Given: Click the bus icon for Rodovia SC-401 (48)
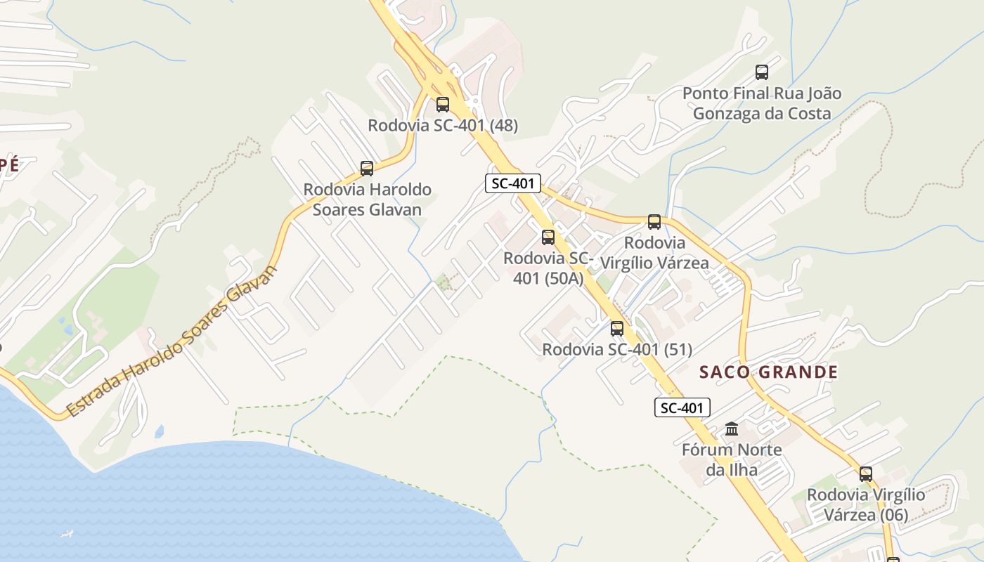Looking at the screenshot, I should click(442, 105).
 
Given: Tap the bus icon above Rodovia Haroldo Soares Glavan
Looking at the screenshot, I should click(366, 169).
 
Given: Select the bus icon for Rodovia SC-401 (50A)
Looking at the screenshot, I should click(548, 237).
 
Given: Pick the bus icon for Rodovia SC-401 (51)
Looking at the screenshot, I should click(616, 328).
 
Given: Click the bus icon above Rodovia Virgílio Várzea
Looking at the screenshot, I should click(654, 222).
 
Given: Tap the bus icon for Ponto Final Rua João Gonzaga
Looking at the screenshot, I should click(761, 72).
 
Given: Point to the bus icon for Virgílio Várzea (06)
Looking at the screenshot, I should click(865, 474).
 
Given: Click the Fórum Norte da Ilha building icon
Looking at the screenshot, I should click(731, 429).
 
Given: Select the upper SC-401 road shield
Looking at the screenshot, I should click(513, 184).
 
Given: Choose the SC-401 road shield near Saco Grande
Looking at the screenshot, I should click(682, 407).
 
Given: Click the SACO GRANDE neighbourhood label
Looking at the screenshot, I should click(768, 372).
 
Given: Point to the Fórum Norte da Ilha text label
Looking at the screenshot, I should click(732, 459).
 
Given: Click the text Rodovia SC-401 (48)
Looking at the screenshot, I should click(443, 126).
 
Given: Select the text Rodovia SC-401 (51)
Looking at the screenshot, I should click(616, 349).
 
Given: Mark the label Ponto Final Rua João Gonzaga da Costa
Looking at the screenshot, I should click(762, 103).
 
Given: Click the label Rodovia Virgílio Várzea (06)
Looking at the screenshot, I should click(865, 504).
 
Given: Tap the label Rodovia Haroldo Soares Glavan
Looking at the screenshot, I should click(367, 200).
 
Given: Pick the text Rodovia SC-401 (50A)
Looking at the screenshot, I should click(548, 268).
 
